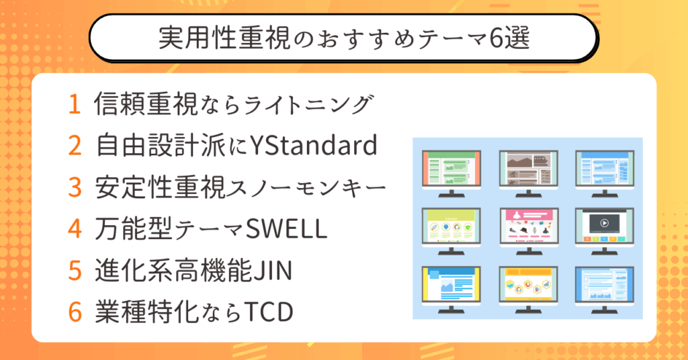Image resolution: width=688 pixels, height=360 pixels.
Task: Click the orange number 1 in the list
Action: pyautogui.click(x=75, y=104)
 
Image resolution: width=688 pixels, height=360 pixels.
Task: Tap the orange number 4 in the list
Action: pyautogui.click(x=75, y=228)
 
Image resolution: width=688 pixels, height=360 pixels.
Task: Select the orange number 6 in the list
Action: pyautogui.click(x=75, y=312)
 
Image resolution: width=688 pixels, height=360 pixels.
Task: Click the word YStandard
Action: pyautogui.click(x=313, y=146)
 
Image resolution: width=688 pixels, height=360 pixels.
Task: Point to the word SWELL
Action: pyautogui.click(x=286, y=228)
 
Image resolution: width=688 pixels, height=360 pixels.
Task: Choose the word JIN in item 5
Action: pyautogui.click(x=273, y=271)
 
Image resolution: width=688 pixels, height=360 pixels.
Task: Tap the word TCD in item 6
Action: pyautogui.click(x=269, y=312)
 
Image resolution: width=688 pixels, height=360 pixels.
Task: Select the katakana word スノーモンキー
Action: pyautogui.click(x=306, y=187)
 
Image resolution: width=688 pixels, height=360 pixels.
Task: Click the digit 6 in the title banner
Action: pyautogui.click(x=495, y=38)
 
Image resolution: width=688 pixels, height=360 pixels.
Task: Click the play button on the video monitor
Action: pyautogui.click(x=604, y=223)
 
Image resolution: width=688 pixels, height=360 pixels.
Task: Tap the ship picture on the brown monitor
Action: pyautogui.click(x=542, y=161)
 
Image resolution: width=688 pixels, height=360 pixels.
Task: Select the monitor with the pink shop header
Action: pyautogui.click(x=529, y=230)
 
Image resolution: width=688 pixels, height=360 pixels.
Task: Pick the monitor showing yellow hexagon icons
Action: pyautogui.click(x=528, y=289)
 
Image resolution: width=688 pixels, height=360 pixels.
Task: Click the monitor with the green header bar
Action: pyautogui.click(x=451, y=173)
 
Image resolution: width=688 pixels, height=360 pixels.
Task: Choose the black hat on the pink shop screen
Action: pyautogui.click(x=523, y=230)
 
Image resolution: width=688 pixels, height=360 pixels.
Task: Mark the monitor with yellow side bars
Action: pyautogui.click(x=451, y=289)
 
